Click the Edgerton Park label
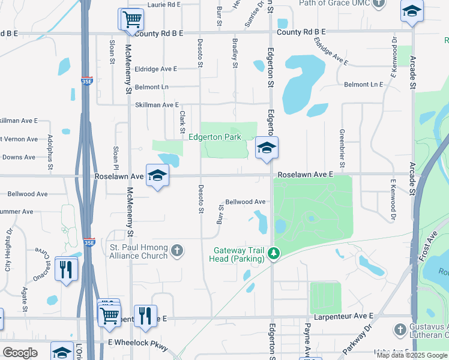pos(215,137)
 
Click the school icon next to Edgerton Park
pos(267,147)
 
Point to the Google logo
pos(20,353)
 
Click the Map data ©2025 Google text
pos(411,355)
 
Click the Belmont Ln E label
pos(363,85)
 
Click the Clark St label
pos(181,121)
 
